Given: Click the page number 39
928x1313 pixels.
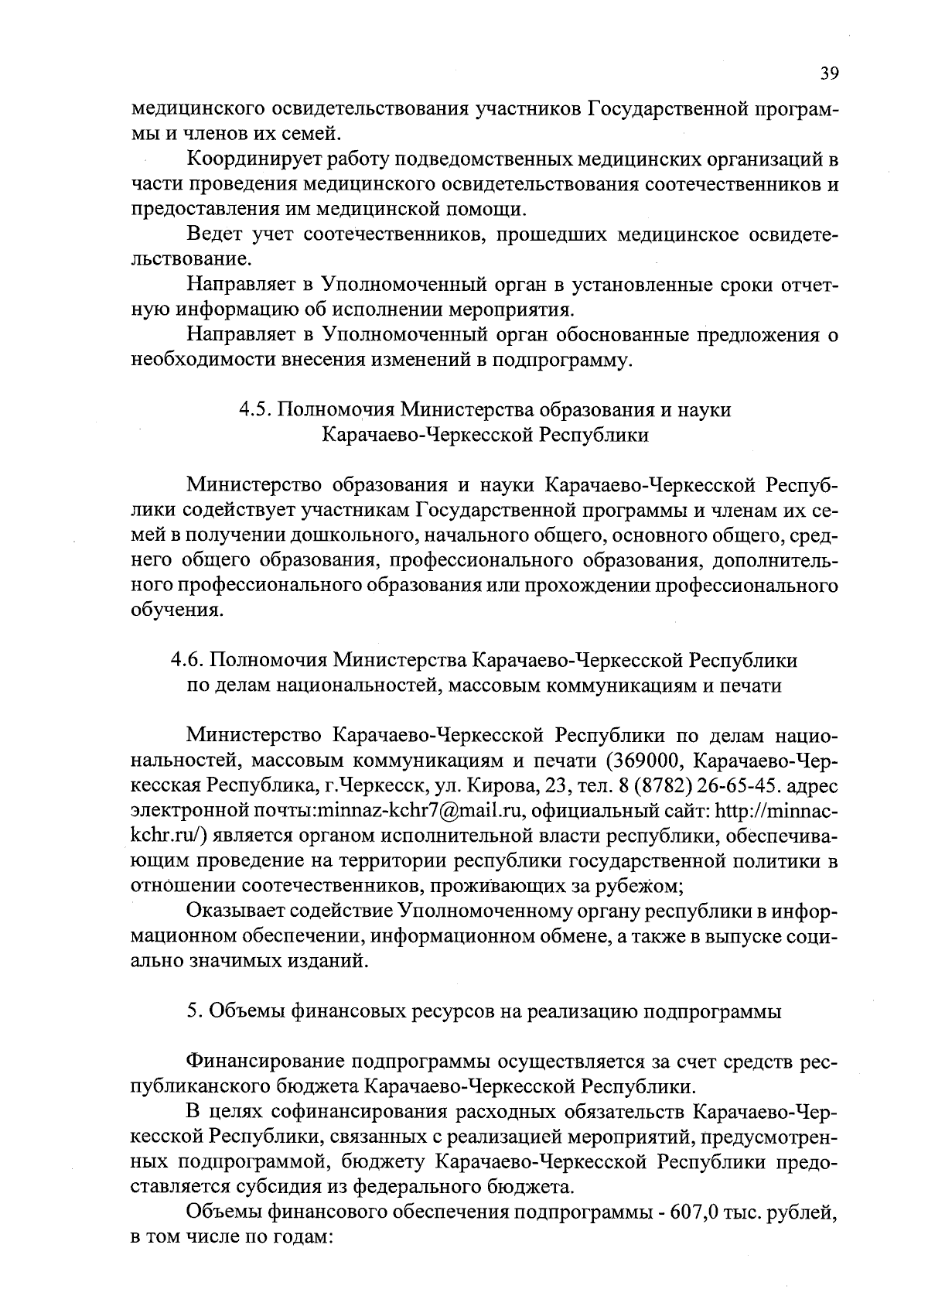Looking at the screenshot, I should [829, 74].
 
